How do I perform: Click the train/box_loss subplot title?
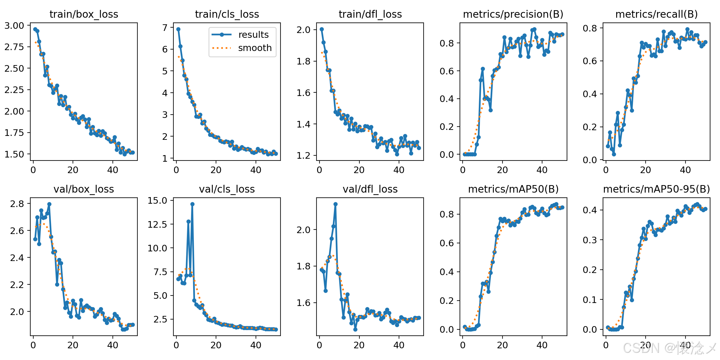[84, 14]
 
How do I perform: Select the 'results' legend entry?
[253, 35]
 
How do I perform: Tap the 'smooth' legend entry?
[255, 48]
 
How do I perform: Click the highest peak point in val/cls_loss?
[192, 204]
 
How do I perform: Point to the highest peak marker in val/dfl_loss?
[335, 204]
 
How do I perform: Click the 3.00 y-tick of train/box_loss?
[14, 25]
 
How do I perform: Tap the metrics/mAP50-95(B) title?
[656, 189]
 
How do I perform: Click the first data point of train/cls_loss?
[178, 29]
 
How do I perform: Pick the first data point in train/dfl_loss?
[322, 29]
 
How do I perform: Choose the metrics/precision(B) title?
[513, 14]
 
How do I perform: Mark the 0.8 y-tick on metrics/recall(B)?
[590, 28]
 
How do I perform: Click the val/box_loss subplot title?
[84, 189]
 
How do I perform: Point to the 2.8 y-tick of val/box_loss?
[17, 204]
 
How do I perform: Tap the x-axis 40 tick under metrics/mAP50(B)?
[542, 345]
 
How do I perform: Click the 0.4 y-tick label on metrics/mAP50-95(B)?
[590, 210]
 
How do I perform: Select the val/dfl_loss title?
[370, 189]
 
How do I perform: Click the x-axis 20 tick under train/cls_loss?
[216, 170]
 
